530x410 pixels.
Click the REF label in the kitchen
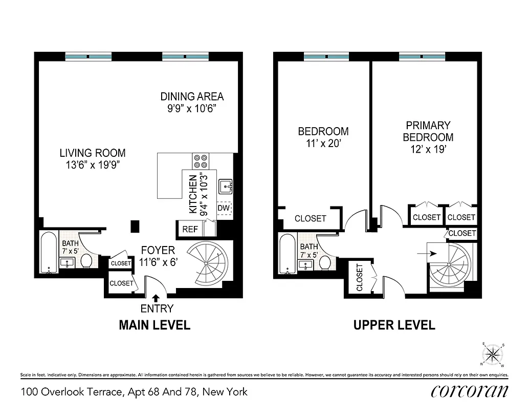(190, 230)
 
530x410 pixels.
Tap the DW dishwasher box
(224, 208)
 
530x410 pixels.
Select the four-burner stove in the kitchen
(200, 161)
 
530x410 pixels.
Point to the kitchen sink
(225, 187)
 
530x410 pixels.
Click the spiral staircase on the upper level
(448, 264)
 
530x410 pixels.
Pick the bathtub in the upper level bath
(288, 254)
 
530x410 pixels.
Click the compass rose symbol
(492, 354)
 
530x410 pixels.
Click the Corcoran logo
(469, 391)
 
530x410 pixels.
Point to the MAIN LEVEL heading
(154, 325)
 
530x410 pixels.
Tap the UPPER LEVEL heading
(394, 325)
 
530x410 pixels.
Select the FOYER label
(158, 251)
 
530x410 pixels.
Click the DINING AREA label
(192, 96)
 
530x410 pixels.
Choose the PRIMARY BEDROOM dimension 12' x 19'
(428, 150)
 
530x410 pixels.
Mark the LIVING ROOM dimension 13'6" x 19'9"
(92, 165)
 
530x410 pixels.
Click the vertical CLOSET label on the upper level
(360, 277)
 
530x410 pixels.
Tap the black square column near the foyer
(135, 225)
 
